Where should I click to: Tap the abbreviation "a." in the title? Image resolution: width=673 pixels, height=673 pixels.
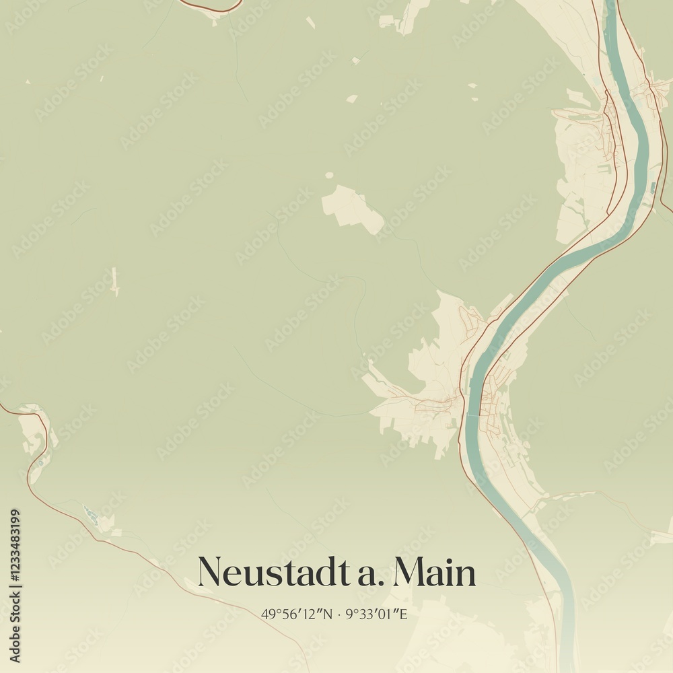[366, 574]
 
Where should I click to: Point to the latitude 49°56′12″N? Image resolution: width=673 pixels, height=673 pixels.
[297, 614]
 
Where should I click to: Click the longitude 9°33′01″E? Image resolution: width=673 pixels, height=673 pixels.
[376, 614]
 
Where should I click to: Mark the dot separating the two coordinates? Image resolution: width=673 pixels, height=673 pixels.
[339, 614]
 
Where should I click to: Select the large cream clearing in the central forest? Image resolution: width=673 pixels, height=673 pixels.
[351, 209]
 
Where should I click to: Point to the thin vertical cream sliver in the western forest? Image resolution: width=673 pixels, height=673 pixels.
[114, 281]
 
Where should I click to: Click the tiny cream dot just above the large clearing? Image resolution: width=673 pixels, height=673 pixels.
[329, 176]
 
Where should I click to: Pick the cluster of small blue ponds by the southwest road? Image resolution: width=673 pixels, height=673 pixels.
[91, 516]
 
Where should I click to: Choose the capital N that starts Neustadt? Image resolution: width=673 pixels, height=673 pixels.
[211, 573]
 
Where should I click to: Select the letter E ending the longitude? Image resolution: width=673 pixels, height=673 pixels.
[403, 614]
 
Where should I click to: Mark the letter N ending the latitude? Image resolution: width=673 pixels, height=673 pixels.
[328, 614]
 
